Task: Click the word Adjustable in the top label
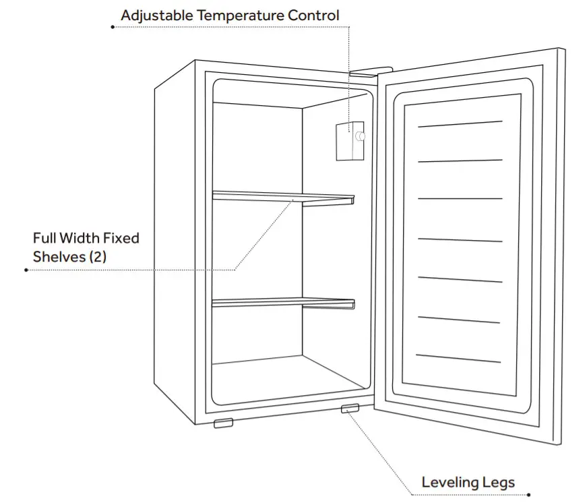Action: coord(154,15)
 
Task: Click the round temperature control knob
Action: coord(359,137)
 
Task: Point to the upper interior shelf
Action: coord(283,197)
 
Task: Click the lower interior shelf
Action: coord(283,303)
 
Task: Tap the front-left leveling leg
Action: coord(223,423)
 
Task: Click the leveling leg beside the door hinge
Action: coord(350,409)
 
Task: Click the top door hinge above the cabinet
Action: coord(370,69)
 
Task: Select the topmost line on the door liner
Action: coord(460,124)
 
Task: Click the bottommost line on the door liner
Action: coord(458,358)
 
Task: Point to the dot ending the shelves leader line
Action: coord(26,270)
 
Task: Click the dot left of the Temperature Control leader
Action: coord(112,27)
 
